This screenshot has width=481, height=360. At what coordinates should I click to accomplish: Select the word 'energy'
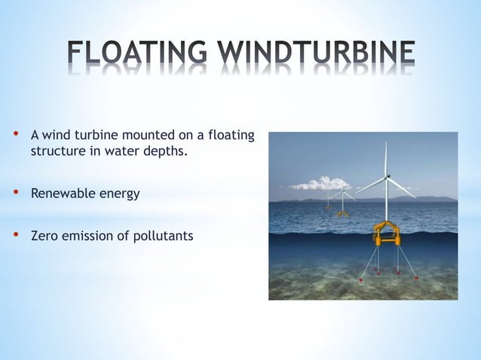tap(120, 194)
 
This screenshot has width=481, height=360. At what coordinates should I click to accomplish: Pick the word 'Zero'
tap(44, 236)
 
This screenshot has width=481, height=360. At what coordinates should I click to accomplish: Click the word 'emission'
tap(89, 236)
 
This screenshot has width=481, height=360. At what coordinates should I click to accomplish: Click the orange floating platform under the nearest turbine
tap(387, 233)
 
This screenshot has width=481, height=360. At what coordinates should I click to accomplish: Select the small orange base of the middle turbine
tap(342, 213)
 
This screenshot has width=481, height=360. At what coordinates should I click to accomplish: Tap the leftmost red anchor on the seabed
tap(360, 279)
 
